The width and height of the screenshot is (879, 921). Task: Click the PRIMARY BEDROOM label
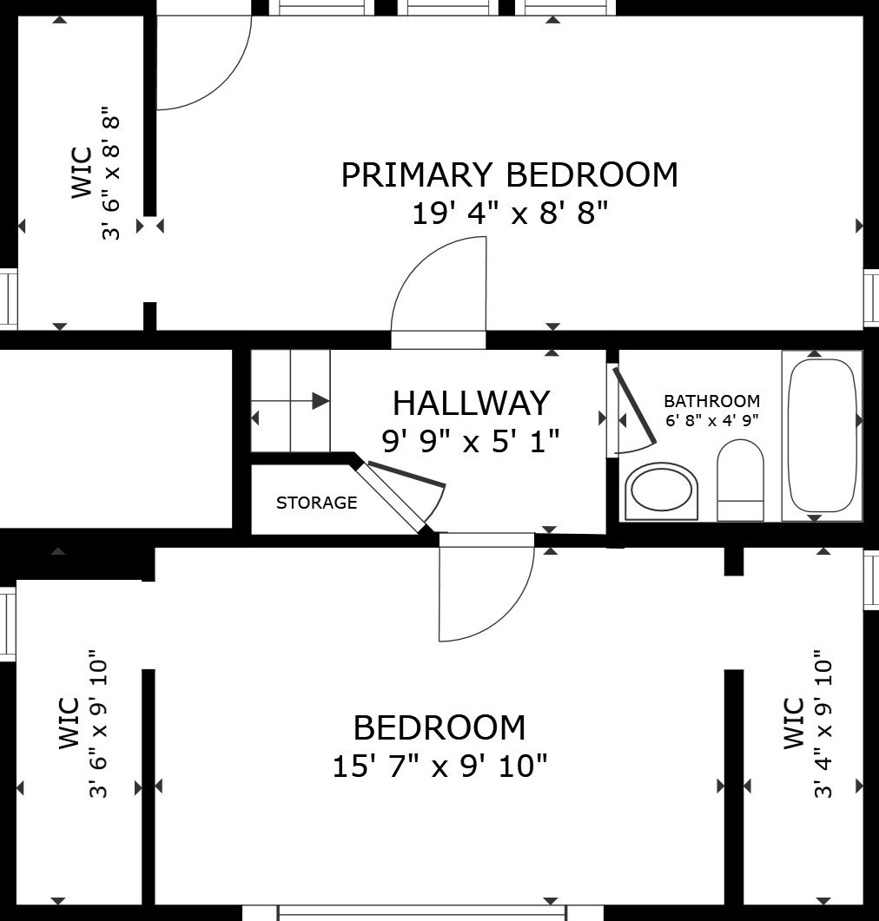[x=509, y=175]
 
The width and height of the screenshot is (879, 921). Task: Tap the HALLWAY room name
[x=472, y=403]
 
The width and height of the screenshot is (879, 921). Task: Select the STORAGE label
[x=317, y=503]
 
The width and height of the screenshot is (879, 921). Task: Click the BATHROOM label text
[x=711, y=401]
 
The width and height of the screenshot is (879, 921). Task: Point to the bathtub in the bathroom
[x=822, y=435]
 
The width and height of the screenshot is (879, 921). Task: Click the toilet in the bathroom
[x=740, y=480]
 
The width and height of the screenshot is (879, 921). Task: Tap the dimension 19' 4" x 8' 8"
[x=509, y=213]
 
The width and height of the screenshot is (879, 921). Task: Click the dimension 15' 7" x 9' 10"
[x=439, y=766]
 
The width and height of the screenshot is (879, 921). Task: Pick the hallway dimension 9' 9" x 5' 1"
[x=471, y=440]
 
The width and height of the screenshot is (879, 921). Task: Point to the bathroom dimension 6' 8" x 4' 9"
[x=712, y=420]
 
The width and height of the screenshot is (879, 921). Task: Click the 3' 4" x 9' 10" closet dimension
[x=823, y=724]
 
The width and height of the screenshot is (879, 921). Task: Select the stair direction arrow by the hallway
[x=290, y=401]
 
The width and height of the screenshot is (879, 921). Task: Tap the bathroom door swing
[x=633, y=411]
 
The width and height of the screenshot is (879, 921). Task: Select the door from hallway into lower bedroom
[x=486, y=588]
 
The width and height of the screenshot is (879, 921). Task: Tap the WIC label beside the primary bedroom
[x=82, y=173]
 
